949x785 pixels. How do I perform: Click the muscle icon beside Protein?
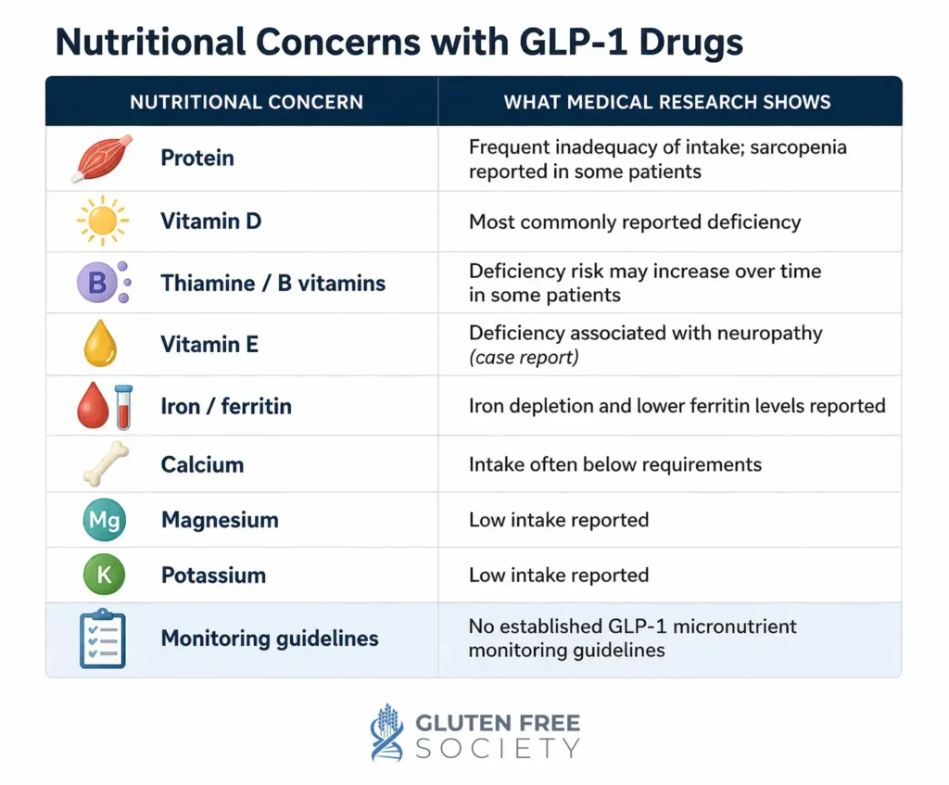[x=102, y=158]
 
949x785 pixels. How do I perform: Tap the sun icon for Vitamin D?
[x=102, y=222]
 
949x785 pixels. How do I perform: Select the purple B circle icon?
[x=97, y=283]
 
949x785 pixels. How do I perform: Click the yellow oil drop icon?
[x=101, y=345]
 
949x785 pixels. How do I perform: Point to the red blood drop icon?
[x=92, y=408]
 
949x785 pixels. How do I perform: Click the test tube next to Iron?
[x=122, y=407]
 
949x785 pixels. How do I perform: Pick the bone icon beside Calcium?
[x=106, y=464]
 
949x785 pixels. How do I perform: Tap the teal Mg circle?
[x=103, y=520]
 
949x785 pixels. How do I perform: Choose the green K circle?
[x=103, y=575]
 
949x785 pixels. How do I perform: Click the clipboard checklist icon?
[x=102, y=639]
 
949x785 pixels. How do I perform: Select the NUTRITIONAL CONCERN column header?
[x=247, y=102]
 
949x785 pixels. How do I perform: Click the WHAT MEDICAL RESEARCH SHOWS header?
[x=667, y=102]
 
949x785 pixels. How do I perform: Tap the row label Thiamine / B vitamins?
[x=273, y=283]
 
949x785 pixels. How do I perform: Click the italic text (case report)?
[x=524, y=358]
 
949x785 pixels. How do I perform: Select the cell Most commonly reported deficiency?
[x=635, y=222]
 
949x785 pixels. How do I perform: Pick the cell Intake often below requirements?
[x=615, y=464]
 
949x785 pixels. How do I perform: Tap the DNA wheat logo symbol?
[x=387, y=732]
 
